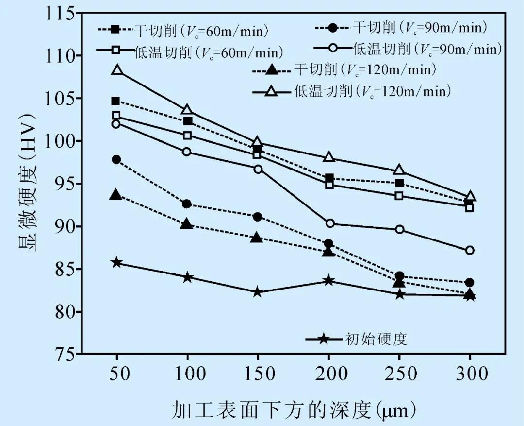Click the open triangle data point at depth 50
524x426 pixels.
116,70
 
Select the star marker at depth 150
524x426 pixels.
258,292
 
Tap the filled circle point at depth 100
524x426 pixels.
187,204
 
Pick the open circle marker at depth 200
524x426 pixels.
329,223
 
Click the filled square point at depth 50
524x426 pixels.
116,101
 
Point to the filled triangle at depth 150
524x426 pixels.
258,238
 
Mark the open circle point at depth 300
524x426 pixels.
470,250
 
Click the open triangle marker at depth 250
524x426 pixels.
399,170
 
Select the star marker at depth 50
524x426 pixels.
116,263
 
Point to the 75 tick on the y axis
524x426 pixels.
65,354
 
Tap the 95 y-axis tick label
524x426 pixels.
65,184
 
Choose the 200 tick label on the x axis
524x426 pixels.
329,374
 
